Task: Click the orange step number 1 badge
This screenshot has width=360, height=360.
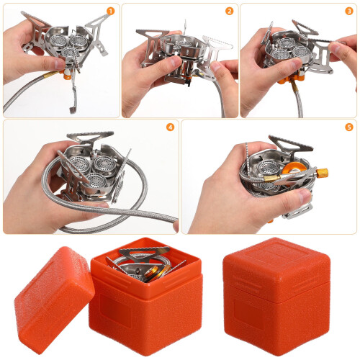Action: (110, 11)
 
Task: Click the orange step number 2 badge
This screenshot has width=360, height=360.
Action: (229, 11)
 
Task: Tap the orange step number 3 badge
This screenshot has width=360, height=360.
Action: (349, 11)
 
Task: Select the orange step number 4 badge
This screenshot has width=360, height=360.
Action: (170, 127)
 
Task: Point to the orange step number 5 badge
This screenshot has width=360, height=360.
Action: (349, 127)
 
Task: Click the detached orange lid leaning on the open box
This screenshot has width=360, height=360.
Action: (54, 300)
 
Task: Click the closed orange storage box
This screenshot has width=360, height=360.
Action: (276, 297)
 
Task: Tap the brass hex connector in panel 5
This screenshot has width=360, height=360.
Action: (322, 173)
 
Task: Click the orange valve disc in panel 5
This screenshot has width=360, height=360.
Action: (294, 168)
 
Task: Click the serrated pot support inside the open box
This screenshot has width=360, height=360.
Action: (145, 254)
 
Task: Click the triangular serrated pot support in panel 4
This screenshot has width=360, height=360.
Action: (90, 137)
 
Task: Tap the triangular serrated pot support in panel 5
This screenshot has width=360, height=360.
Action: (291, 144)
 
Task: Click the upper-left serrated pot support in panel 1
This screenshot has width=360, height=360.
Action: (36, 23)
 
